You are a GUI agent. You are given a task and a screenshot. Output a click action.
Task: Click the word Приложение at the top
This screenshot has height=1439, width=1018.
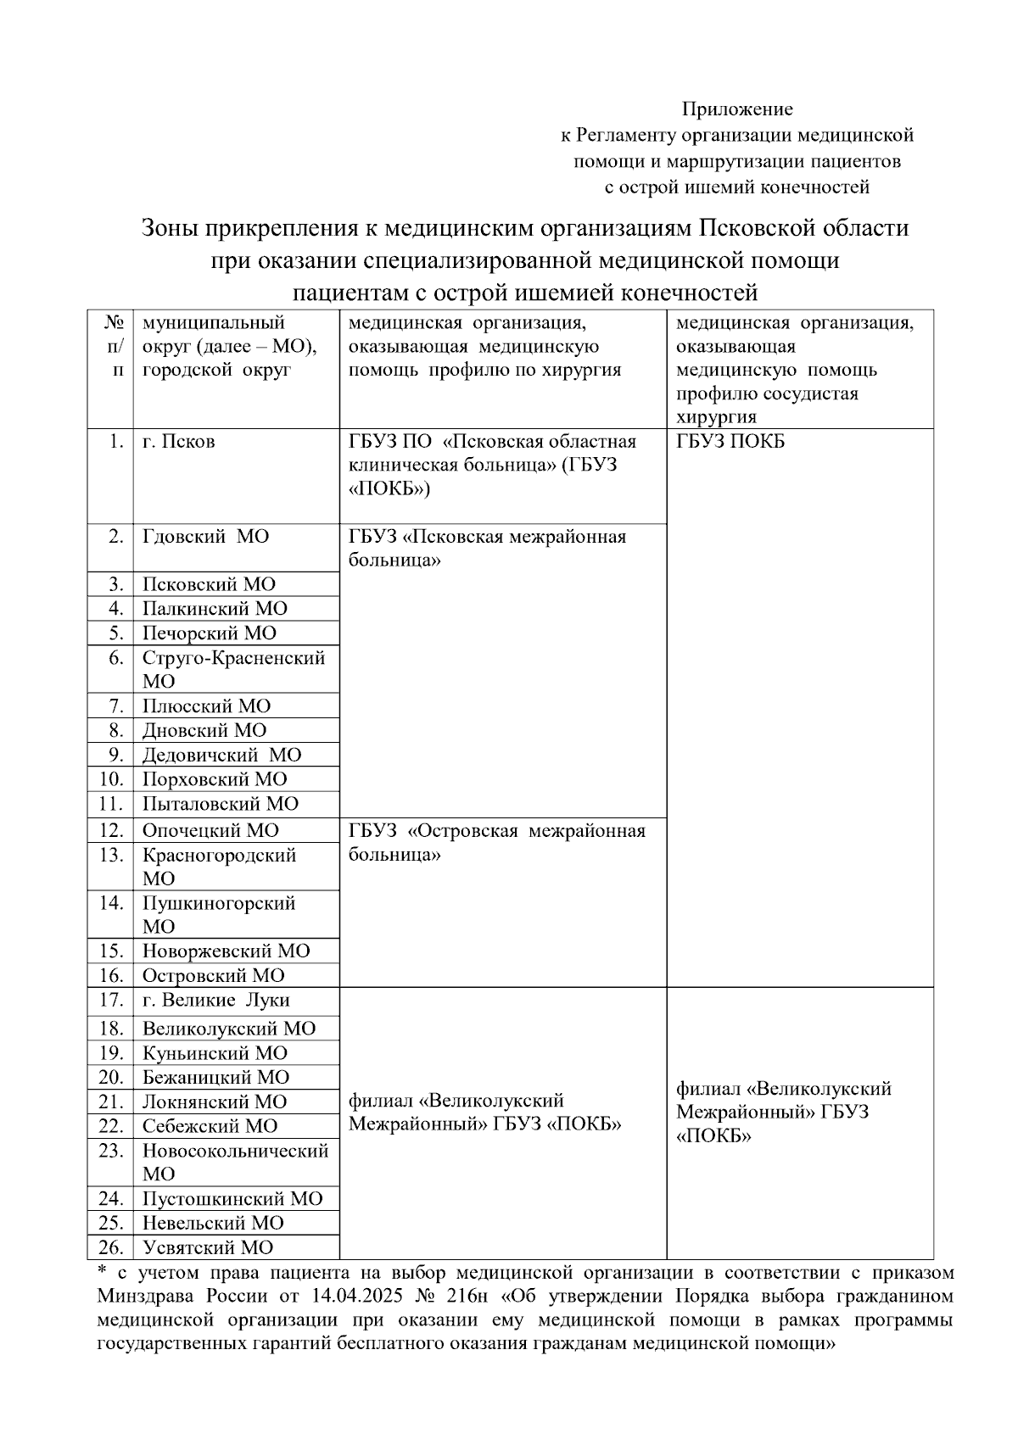pos(737,109)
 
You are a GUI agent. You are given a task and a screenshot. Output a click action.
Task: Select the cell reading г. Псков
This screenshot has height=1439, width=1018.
pos(178,442)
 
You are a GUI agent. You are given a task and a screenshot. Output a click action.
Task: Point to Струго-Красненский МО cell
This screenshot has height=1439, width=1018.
pos(233,669)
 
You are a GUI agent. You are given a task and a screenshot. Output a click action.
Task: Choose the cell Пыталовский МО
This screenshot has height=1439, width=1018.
pos(220,804)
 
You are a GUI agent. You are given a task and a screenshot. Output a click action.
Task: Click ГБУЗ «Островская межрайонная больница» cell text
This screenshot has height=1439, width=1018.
pos(496,842)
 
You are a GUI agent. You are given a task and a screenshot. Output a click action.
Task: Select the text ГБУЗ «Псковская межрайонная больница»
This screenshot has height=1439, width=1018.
pos(487,548)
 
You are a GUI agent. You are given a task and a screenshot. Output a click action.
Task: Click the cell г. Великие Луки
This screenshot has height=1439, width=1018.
pos(215,1001)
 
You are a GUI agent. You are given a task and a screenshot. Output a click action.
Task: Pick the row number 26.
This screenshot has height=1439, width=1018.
pos(111,1247)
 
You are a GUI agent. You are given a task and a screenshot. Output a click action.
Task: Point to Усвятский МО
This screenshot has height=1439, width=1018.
pos(208,1247)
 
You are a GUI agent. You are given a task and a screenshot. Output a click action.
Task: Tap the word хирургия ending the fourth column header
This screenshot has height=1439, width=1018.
pos(716,417)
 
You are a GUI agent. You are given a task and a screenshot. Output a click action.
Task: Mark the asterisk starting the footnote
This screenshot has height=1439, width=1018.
pos(102,1271)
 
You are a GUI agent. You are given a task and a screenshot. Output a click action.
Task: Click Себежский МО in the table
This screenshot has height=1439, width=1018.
pos(210,1126)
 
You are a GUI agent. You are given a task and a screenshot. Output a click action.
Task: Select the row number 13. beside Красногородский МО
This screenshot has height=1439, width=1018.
pos(111,855)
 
